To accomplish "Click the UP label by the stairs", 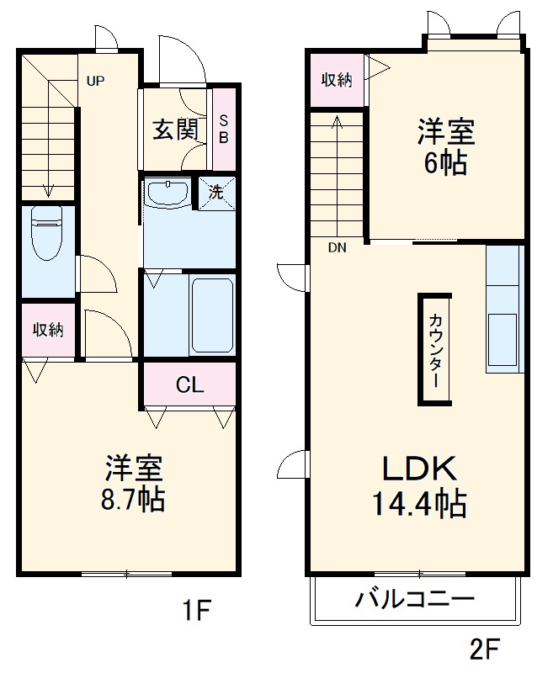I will (x=95, y=82).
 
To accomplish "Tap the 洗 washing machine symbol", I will (x=216, y=191).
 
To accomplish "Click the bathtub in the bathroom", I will (x=212, y=315).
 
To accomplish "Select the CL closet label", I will (x=189, y=385).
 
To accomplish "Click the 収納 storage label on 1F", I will (x=48, y=330).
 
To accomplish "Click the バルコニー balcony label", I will (x=414, y=601).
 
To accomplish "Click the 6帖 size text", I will (x=445, y=163).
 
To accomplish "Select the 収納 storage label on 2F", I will (x=337, y=80).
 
